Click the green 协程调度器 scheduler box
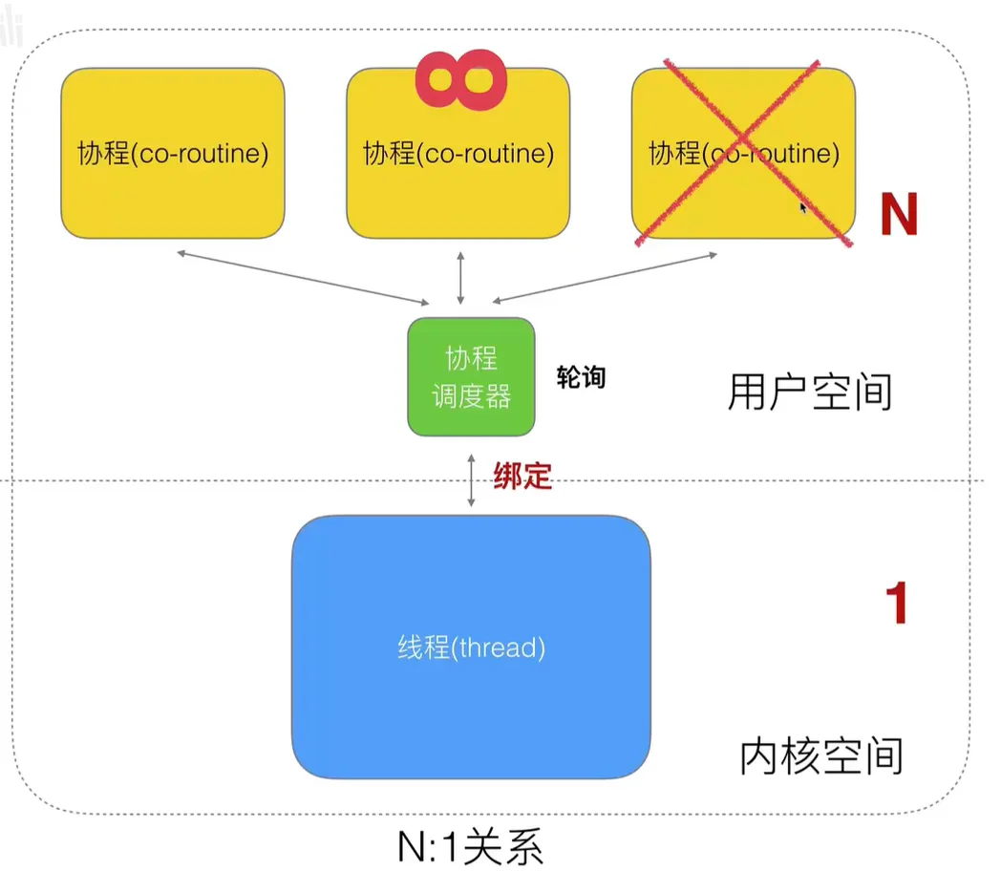pos(471,376)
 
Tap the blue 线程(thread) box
pos(471,647)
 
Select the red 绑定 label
pos(522,476)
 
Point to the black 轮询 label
pos(581,377)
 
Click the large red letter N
pos(899,214)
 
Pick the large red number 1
pos(897,603)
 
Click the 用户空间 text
pos(809,392)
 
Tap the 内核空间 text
pos(821,755)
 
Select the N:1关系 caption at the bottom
pos(471,847)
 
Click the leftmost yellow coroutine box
pos(173,153)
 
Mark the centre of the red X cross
pos(742,152)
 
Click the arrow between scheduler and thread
pos(471,480)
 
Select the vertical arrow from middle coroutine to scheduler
pos(460,278)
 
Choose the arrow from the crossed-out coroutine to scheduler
pos(605,278)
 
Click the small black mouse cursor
pos(802,207)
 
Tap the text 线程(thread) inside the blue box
pos(471,647)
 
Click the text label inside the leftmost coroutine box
pos(173,153)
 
